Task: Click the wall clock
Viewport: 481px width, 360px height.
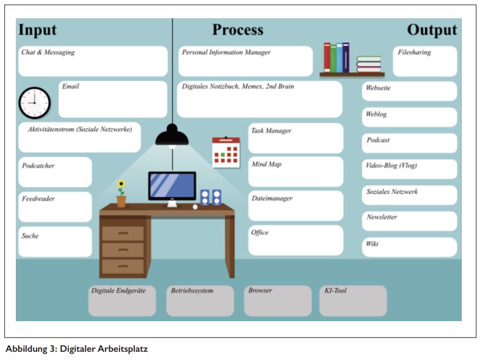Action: pos(34,102)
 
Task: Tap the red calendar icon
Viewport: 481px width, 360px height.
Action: pos(225,152)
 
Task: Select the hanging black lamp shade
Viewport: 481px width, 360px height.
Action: pos(172,136)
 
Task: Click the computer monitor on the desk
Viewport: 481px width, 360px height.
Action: pos(172,186)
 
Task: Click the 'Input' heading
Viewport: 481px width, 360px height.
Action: pos(38,30)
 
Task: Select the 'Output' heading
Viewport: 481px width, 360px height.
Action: pos(432,30)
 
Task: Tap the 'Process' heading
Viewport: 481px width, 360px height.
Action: pos(238,30)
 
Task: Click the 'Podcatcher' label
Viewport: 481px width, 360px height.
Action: pos(38,166)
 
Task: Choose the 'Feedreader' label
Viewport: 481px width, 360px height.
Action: pos(38,199)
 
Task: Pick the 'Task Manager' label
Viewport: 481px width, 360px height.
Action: pos(271,131)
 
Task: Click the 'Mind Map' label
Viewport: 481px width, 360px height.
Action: pos(267,164)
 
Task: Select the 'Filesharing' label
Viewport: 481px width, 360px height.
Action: pos(414,52)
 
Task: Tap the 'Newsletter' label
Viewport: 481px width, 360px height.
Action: pos(382,217)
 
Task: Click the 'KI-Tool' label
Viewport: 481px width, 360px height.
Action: pos(336,291)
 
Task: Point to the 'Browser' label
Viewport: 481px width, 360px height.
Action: pos(260,291)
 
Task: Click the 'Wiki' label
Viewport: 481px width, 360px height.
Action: pos(372,244)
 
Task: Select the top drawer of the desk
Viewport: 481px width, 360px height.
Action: pos(122,233)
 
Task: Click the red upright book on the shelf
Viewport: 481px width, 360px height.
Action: pos(327,57)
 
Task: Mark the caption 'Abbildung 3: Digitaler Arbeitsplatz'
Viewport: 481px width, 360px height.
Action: pos(77,349)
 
